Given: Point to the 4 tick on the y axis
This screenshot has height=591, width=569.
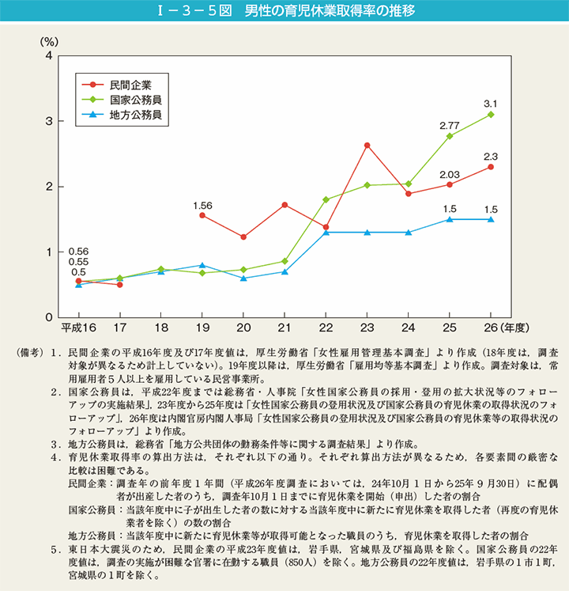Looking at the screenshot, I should click(49, 56).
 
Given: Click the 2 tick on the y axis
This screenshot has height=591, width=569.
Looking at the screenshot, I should click(49, 187).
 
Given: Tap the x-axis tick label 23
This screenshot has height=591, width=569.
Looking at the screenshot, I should click(367, 327).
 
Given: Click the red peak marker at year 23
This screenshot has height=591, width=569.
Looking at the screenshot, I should click(367, 146).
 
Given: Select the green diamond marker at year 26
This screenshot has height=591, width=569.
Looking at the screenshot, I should click(491, 115).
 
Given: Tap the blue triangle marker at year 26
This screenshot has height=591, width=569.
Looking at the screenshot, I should click(491, 219).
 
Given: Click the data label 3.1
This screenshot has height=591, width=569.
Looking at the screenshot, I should click(491, 104).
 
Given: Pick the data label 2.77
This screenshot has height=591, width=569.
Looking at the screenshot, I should click(450, 125).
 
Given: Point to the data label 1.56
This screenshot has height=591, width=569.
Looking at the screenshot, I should click(202, 205).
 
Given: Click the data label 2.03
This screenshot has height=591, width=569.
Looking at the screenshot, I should click(450, 175).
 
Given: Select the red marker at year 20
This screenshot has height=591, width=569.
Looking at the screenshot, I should click(243, 237).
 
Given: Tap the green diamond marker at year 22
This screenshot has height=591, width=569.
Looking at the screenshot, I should click(326, 199).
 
